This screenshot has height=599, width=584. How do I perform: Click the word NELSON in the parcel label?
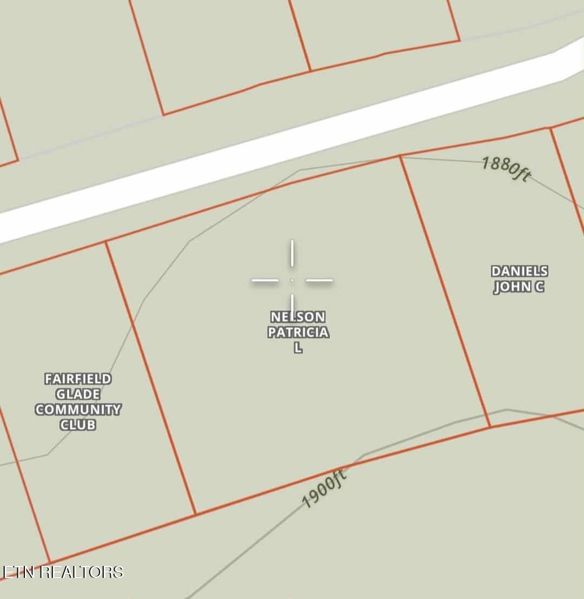click(298, 317)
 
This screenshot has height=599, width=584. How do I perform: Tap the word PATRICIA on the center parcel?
click(298, 332)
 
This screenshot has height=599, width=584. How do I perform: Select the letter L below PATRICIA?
click(298, 348)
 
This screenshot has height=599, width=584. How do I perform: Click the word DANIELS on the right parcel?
click(519, 272)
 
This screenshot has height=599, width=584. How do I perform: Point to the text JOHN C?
click(519, 287)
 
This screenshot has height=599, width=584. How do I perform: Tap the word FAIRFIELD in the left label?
click(78, 379)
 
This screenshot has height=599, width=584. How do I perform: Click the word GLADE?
click(78, 394)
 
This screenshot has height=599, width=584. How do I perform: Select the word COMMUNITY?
click(78, 410)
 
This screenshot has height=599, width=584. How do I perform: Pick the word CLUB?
click(78, 425)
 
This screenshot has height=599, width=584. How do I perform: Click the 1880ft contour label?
click(506, 169)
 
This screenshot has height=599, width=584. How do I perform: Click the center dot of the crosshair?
click(292, 280)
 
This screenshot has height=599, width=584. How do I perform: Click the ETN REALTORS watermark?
click(63, 572)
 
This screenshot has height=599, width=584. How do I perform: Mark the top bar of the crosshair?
click(292, 253)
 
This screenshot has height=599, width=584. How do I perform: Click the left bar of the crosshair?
click(265, 280)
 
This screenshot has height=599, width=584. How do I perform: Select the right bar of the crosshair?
click(320, 280)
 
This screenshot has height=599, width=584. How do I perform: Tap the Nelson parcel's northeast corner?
click(400, 156)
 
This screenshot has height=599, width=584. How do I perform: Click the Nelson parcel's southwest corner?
click(195, 514)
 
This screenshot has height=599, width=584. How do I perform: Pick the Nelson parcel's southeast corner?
click(490, 427)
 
